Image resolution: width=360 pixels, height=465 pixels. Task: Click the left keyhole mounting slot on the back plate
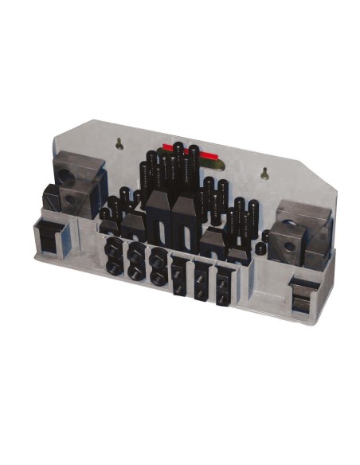click(x=119, y=144)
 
